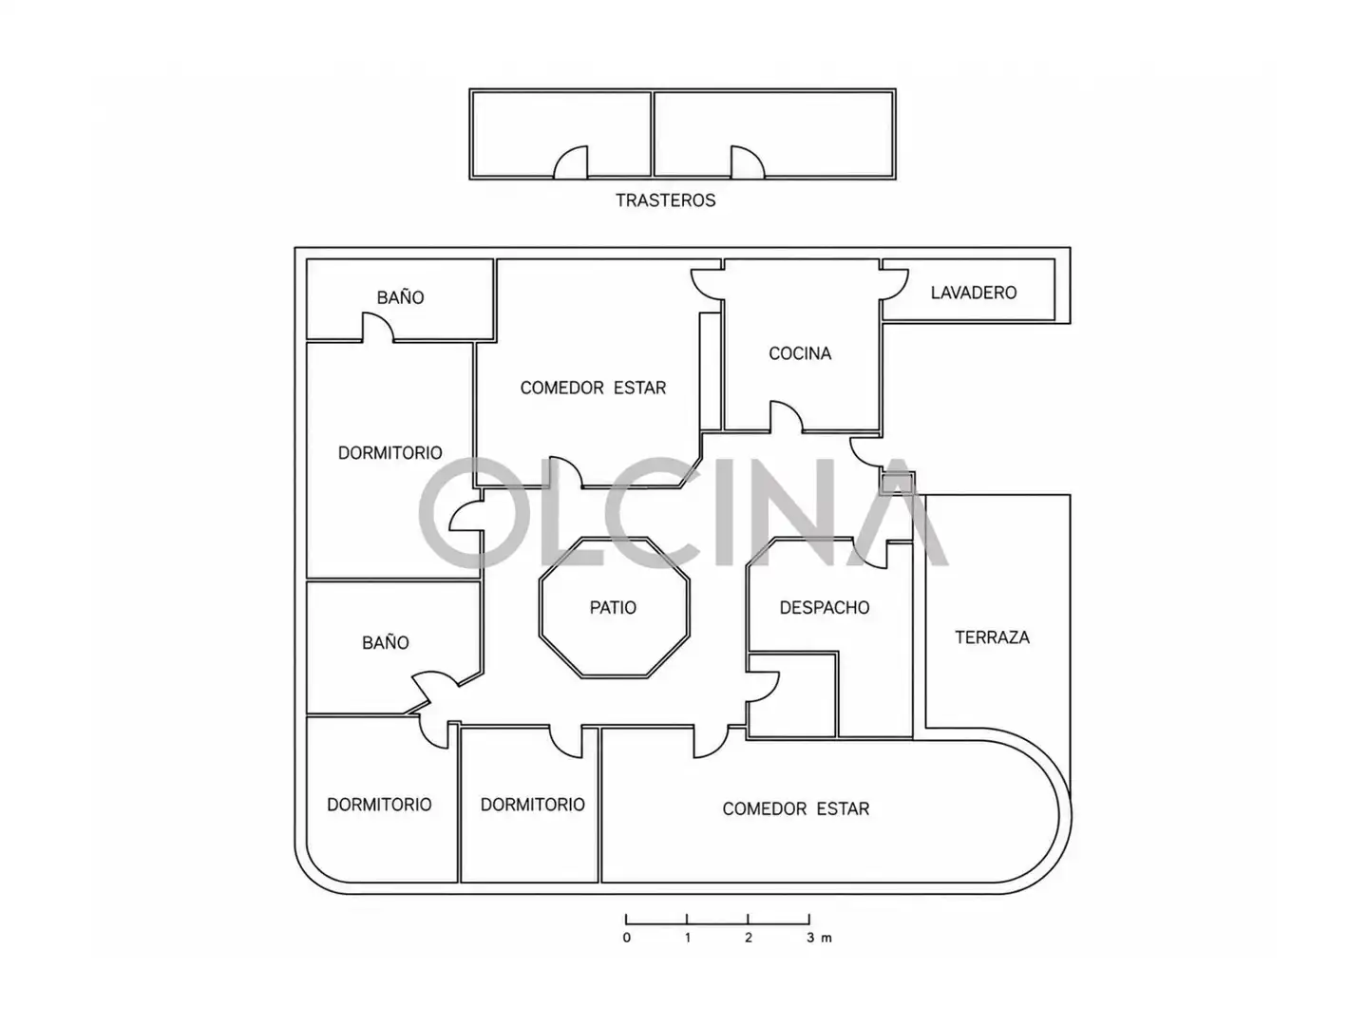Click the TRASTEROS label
(x=665, y=199)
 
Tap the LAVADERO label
(x=973, y=293)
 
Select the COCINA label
(x=800, y=353)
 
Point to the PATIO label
(x=613, y=607)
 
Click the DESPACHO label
(x=824, y=607)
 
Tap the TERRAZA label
(x=992, y=637)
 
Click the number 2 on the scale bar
(x=748, y=938)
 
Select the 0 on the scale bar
(x=626, y=938)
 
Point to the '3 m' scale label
(x=819, y=938)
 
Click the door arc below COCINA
(x=787, y=416)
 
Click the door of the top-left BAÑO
(x=378, y=327)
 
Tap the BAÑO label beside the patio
(x=385, y=642)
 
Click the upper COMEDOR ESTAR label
(x=593, y=389)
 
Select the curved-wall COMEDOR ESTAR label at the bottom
(x=795, y=808)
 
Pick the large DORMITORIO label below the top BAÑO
(x=389, y=453)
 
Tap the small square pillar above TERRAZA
(x=898, y=483)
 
